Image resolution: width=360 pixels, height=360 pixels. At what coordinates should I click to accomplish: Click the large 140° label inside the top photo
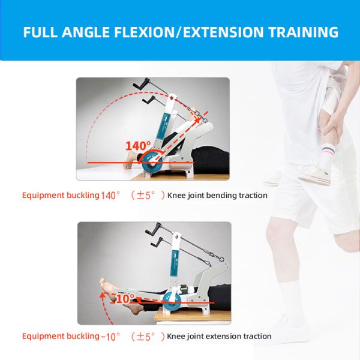[139, 145]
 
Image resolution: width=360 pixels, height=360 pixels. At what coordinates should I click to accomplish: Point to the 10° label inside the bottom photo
[125, 298]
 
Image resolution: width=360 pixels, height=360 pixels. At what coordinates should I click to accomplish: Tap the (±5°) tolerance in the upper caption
[148, 195]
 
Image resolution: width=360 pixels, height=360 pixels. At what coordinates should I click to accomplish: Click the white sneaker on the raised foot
[314, 175]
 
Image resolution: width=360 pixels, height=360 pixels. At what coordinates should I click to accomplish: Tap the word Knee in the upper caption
[176, 195]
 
